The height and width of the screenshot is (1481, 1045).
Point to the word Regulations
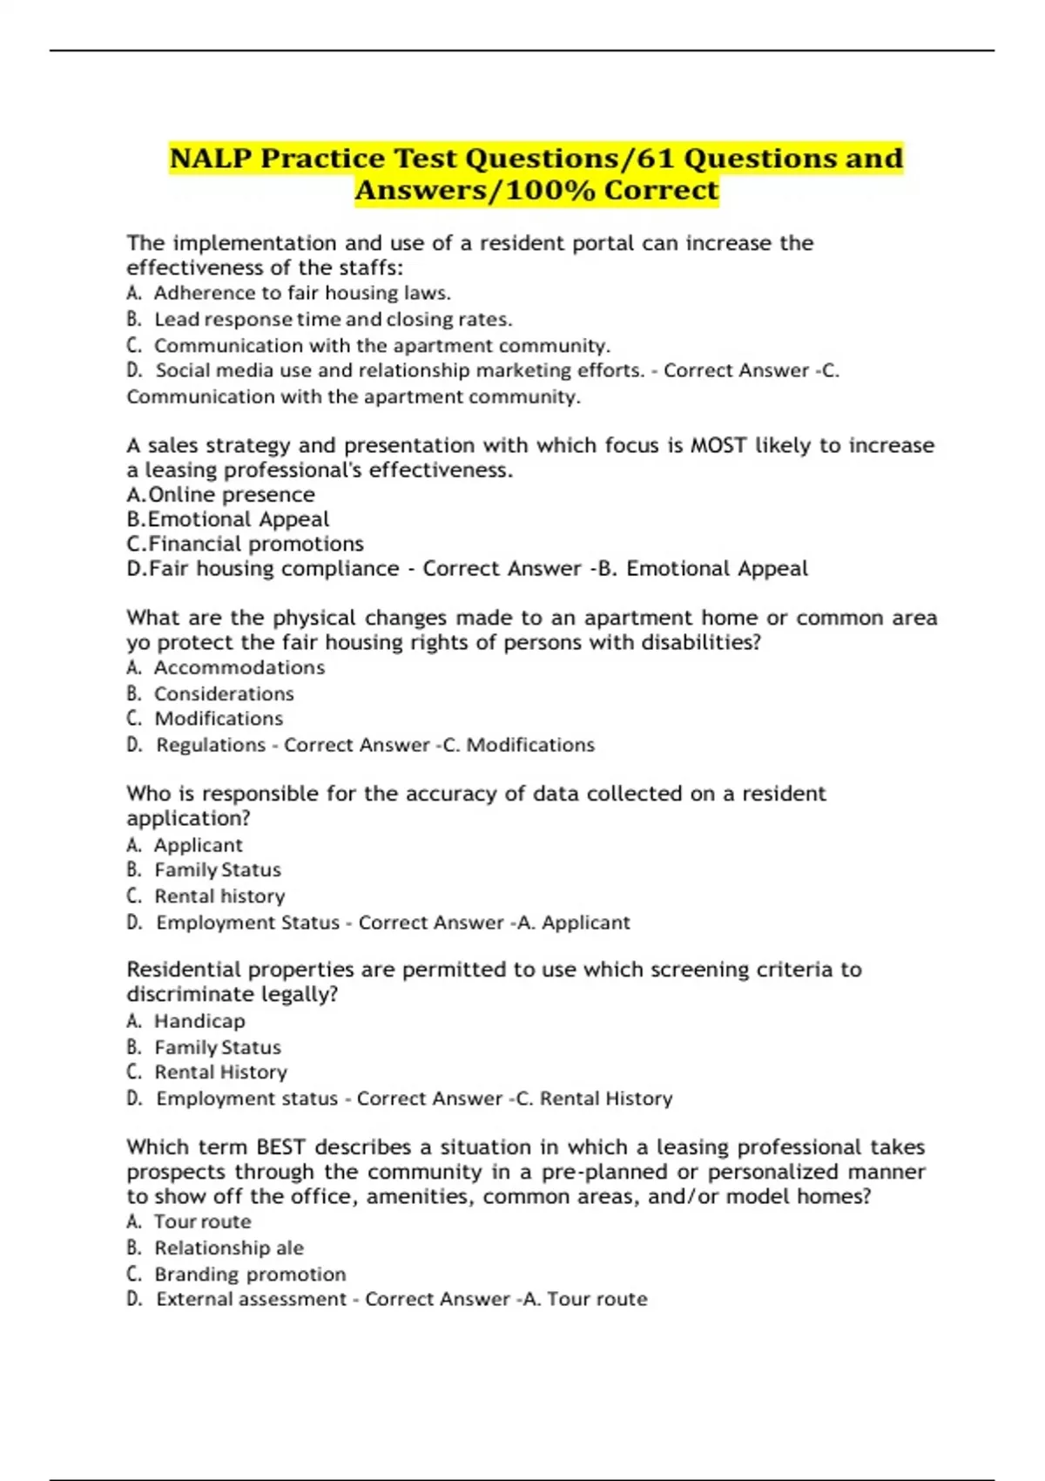click(x=211, y=746)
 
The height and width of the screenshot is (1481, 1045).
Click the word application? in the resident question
click(x=188, y=819)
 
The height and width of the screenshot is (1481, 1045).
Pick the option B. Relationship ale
click(x=228, y=1248)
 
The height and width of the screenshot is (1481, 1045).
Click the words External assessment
click(x=251, y=1300)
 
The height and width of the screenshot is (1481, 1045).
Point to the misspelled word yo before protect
click(x=137, y=644)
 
